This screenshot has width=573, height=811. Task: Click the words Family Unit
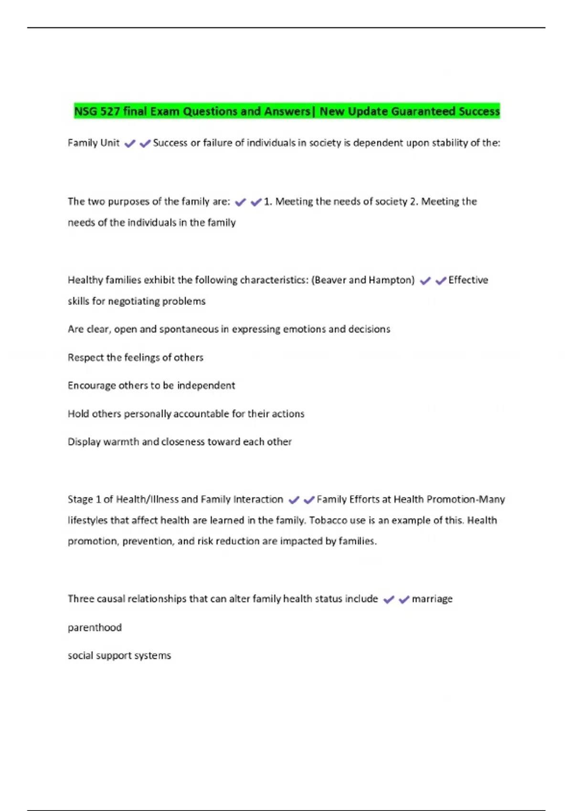point(94,143)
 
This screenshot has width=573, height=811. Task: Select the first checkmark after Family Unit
point(130,144)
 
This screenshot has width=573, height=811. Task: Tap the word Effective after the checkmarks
point(468,280)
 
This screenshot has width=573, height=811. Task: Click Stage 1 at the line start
point(84,499)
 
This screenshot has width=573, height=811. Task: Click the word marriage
point(432,599)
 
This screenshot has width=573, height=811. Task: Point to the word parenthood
point(95,628)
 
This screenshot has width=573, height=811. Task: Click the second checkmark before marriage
point(404,600)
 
